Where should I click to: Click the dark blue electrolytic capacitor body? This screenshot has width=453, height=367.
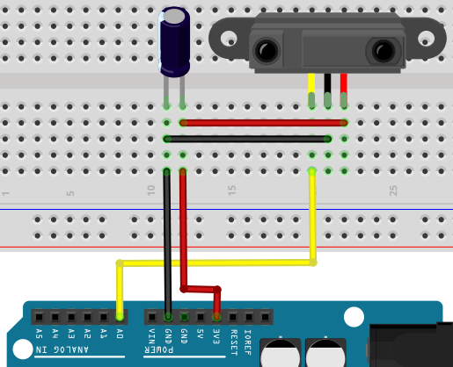(x=174, y=42)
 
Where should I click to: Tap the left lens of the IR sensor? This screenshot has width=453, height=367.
(x=267, y=51)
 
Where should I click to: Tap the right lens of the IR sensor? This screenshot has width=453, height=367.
(x=384, y=51)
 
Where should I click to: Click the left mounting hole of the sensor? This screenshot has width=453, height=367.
(x=229, y=39)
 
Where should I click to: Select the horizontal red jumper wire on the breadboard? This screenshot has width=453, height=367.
(x=263, y=123)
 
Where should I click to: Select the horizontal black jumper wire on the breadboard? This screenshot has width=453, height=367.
(x=247, y=139)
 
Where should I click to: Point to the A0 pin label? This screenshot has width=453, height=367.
(x=120, y=334)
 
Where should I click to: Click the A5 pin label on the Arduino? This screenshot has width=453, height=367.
(x=39, y=334)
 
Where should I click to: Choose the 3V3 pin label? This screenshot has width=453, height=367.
(x=216, y=336)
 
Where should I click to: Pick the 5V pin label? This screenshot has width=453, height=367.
(x=201, y=334)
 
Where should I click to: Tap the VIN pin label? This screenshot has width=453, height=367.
(x=152, y=336)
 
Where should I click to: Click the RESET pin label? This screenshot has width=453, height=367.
(x=233, y=342)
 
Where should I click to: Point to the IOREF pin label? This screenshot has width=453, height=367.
(x=248, y=342)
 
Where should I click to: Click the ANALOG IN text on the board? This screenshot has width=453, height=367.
(x=62, y=349)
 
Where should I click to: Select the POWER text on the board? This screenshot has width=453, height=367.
(x=159, y=349)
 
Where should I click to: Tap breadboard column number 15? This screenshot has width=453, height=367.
(x=232, y=191)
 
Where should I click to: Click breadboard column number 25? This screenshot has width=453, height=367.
(x=393, y=191)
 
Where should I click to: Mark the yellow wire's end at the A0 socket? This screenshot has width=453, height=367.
(x=120, y=316)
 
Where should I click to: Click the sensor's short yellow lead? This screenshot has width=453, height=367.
(x=311, y=90)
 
